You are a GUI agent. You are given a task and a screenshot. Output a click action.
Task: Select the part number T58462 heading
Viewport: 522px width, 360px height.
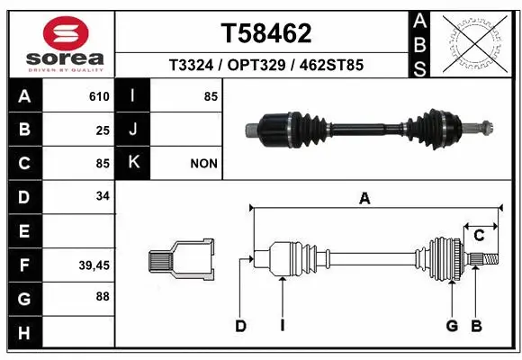[266, 33]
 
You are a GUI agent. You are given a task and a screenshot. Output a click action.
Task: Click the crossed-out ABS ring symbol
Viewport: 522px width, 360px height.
[476, 42]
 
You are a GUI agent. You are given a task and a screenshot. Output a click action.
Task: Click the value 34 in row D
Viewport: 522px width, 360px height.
[103, 196]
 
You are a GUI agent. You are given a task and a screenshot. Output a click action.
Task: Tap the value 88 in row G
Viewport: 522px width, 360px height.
[103, 297]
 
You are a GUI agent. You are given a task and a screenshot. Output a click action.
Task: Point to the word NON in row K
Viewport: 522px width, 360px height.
[203, 164]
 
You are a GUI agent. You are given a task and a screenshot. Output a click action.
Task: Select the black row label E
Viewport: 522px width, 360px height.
[23, 231]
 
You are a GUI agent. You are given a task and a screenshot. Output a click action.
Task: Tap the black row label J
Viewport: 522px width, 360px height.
[133, 130]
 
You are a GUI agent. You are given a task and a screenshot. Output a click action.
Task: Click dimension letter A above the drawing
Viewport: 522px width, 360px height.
[364, 200]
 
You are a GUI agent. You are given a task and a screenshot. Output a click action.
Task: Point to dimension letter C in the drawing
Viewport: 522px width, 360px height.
[479, 236]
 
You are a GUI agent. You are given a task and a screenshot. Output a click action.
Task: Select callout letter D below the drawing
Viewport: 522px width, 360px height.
[240, 326]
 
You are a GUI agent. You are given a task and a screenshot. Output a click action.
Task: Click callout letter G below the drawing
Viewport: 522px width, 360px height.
[453, 326]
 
